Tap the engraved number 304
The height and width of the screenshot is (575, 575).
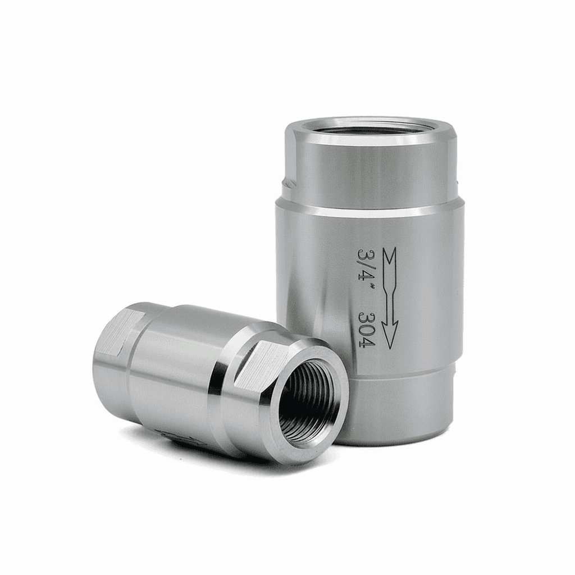point(365,327)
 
